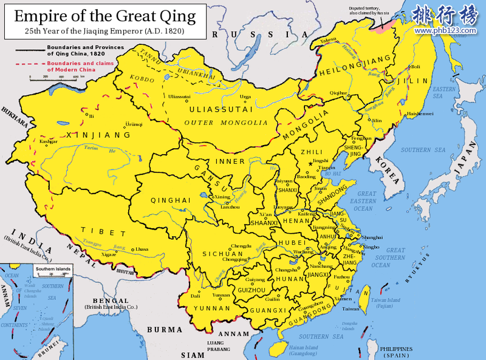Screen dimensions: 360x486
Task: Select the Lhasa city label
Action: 142,249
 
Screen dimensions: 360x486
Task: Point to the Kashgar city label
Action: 49,141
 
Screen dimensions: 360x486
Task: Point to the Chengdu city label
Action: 224,246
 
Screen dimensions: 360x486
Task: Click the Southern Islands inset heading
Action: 52,268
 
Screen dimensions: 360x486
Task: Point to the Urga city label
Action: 245,97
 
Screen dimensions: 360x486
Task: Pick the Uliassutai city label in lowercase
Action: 179,97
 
